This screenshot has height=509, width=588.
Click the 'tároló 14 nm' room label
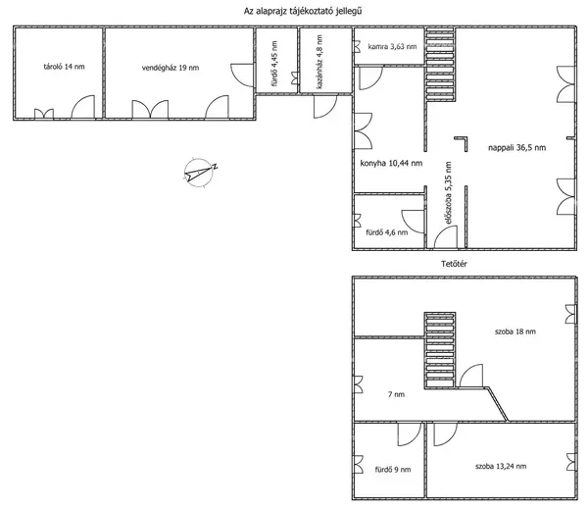click(x=64, y=67)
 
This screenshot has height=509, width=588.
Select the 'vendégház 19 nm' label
click(x=171, y=68)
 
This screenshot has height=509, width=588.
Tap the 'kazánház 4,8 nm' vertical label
click(x=319, y=62)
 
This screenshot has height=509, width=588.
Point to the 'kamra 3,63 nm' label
click(x=392, y=46)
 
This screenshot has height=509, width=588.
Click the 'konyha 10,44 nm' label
click(x=391, y=163)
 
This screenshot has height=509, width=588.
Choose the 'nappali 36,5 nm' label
click(x=516, y=147)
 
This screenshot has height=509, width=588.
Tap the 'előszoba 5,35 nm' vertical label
click(x=448, y=193)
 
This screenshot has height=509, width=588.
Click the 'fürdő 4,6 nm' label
click(x=387, y=232)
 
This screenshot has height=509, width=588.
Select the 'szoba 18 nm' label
click(x=515, y=331)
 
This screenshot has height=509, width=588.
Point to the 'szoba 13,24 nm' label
click(x=501, y=466)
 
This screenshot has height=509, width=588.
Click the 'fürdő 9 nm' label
click(x=393, y=470)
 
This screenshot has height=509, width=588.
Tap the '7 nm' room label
click(x=396, y=394)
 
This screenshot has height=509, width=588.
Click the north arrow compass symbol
click(x=200, y=172)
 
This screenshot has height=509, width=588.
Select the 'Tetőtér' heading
click(x=454, y=264)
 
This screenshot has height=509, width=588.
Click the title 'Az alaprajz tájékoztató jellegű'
click(x=303, y=11)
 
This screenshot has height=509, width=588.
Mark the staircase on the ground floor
click(x=440, y=64)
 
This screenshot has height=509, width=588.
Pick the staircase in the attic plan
click(x=440, y=350)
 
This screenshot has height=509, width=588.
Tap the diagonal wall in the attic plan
click(x=497, y=404)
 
